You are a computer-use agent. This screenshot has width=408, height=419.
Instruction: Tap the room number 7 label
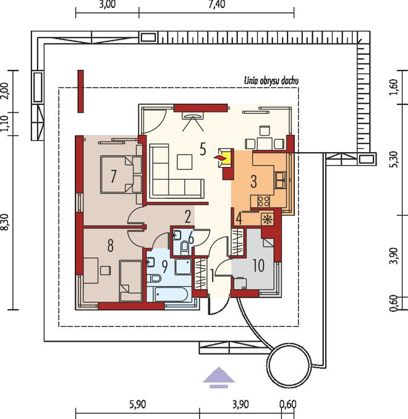pyautogui.click(x=113, y=177)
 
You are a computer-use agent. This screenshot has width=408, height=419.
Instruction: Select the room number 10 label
pyautogui.click(x=258, y=266)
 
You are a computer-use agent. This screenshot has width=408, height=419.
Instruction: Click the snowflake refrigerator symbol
pyautogui.click(x=268, y=219)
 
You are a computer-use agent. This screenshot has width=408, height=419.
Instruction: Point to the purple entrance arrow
pyautogui.click(x=219, y=378)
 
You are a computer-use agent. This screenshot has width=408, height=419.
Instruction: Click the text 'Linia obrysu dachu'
pyautogui.click(x=271, y=81)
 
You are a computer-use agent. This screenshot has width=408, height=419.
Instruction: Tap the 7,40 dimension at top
pyautogui.click(x=217, y=4)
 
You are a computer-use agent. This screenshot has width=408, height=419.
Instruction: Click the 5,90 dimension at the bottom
pyautogui.click(x=138, y=404)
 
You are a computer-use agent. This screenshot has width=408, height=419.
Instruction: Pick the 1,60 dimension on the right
pyautogui.click(x=394, y=87)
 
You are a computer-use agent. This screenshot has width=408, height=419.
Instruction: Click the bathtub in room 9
pyautogui.click(x=172, y=294)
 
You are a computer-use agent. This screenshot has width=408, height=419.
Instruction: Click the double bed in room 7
pyautogui.click(x=121, y=174)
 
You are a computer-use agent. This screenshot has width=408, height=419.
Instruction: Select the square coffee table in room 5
pyautogui.click(x=184, y=162)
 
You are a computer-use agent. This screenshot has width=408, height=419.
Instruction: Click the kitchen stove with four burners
pyautogui.click(x=263, y=201)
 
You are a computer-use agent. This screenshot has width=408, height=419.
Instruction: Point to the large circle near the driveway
pyautogui.click(x=289, y=364)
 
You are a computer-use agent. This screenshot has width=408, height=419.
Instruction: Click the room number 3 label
pyautogui.click(x=253, y=182)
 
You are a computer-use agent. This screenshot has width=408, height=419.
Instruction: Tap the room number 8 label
pyautogui.click(x=111, y=245)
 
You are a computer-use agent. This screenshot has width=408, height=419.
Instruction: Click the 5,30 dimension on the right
pyautogui.click(x=394, y=159)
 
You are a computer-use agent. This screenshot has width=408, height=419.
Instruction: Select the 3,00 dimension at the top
pyautogui.click(x=107, y=4)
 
